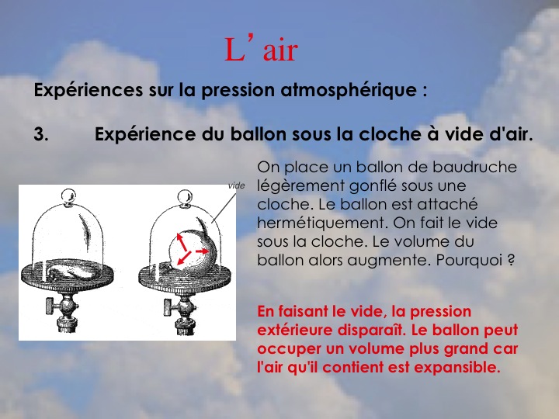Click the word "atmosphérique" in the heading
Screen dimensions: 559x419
[x=349, y=90]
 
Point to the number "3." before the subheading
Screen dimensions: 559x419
[x=41, y=134]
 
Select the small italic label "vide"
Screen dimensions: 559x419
[x=236, y=185]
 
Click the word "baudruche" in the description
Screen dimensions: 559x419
[x=474, y=167]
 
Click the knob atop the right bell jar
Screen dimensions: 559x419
[x=185, y=197]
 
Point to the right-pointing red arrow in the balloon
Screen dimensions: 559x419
[x=202, y=251]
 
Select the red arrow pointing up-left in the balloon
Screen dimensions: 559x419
[x=182, y=242]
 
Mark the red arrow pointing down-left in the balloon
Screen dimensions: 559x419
[x=184, y=258]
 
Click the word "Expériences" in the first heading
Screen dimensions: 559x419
[x=88, y=90]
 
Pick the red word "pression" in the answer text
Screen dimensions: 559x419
[x=441, y=311]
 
